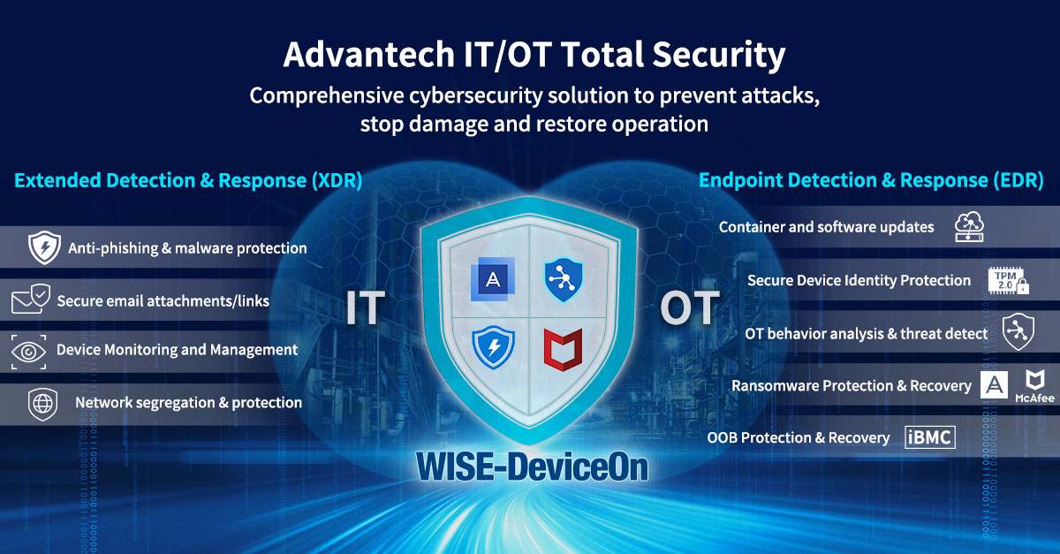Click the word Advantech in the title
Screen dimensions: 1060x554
click(369, 55)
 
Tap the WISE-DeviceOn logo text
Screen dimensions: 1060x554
click(533, 467)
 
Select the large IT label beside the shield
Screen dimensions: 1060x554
click(366, 307)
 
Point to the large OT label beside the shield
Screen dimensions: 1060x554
click(690, 307)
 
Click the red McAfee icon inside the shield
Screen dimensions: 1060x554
click(563, 349)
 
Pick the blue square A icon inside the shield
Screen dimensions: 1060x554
click(493, 279)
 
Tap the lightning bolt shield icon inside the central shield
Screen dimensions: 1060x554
click(493, 347)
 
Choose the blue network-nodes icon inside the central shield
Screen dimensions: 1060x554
click(564, 279)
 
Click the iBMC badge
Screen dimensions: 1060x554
click(930, 437)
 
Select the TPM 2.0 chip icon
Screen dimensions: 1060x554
click(1008, 281)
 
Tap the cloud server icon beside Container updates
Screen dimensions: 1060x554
click(969, 227)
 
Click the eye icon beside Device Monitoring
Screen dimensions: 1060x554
click(29, 352)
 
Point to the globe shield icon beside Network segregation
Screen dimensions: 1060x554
click(42, 405)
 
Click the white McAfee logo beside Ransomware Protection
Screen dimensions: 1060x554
click(1035, 386)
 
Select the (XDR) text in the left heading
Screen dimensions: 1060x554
click(337, 180)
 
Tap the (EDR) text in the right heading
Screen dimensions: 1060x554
click(1018, 180)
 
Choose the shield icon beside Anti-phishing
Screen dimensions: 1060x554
click(44, 247)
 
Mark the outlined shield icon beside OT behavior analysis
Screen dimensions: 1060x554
click(1018, 331)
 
